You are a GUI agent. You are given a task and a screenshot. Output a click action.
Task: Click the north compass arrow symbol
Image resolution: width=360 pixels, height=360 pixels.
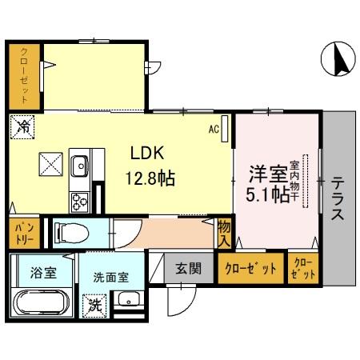(x=339, y=60)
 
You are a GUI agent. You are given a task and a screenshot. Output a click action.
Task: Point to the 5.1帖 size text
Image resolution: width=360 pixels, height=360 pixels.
(x=267, y=194)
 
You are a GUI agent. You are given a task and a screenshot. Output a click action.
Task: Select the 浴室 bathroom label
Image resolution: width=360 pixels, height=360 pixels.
(x=43, y=273)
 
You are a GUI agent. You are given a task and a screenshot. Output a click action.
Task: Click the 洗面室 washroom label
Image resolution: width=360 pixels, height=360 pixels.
(x=110, y=278)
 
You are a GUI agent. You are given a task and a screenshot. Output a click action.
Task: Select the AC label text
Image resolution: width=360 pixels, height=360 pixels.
(x=214, y=127)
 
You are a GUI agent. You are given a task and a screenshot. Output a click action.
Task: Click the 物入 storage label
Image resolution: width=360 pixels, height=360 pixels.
(x=224, y=232)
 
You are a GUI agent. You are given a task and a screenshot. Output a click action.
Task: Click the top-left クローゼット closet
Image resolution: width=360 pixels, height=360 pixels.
(x=25, y=78)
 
